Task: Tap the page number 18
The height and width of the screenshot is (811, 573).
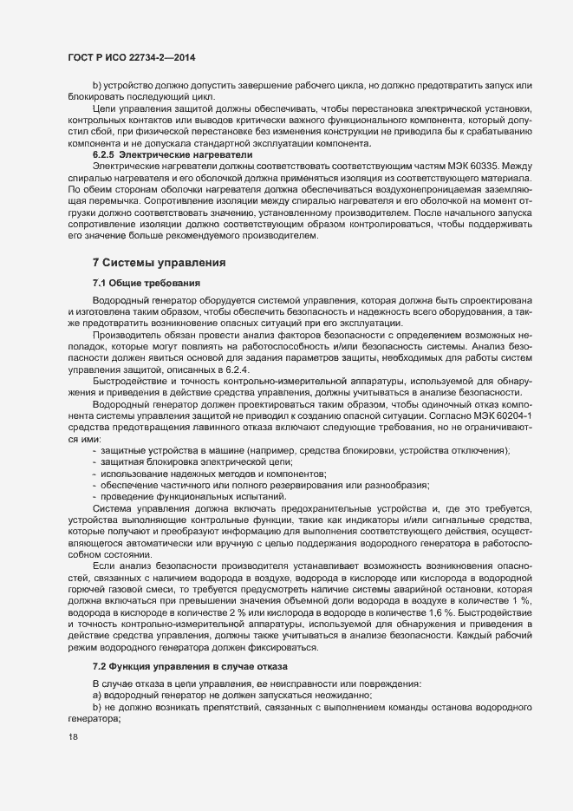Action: click(x=73, y=736)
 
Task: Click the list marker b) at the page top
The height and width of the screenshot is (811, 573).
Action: click(x=97, y=86)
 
